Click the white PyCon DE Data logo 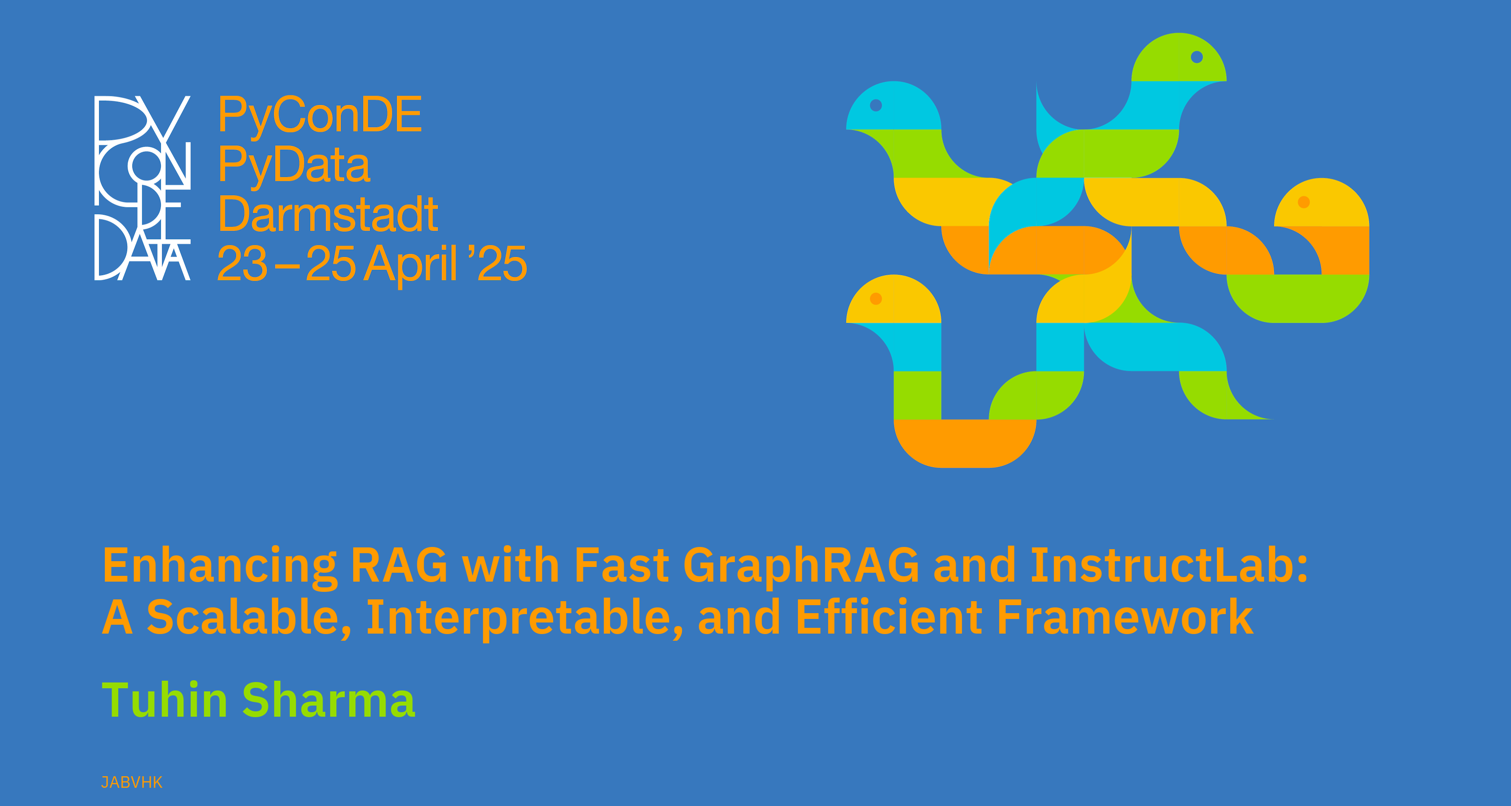pos(143,188)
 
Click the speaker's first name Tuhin pos(165,700)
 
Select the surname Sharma pos(328,700)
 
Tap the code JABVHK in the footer pos(132,782)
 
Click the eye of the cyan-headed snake pos(876,105)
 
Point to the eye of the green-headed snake pos(1196,57)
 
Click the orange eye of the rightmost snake pos(1304,202)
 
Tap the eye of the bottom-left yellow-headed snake pos(876,299)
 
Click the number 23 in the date pos(242,264)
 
